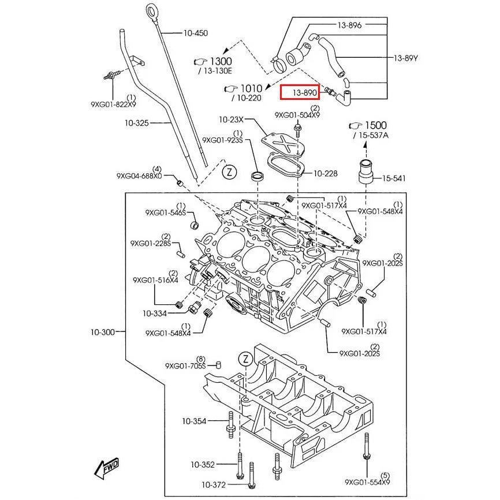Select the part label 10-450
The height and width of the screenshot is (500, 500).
[195, 33]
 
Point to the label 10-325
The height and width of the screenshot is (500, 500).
[137, 123]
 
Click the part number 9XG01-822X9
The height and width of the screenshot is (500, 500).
[113, 105]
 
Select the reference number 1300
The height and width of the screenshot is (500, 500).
[219, 61]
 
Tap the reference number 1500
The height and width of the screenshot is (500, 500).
[375, 125]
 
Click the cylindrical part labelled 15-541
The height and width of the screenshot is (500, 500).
[365, 171]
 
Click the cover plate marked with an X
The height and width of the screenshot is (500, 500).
[282, 143]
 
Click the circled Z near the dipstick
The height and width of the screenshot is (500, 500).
[229, 171]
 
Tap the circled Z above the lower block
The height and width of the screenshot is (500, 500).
[244, 359]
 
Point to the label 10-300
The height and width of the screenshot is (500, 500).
[102, 332]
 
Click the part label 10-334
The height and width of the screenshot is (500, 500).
[155, 313]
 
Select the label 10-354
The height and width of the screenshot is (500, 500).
[194, 421]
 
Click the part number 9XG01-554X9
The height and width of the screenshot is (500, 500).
[367, 482]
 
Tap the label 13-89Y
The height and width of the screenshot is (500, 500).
[405, 58]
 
